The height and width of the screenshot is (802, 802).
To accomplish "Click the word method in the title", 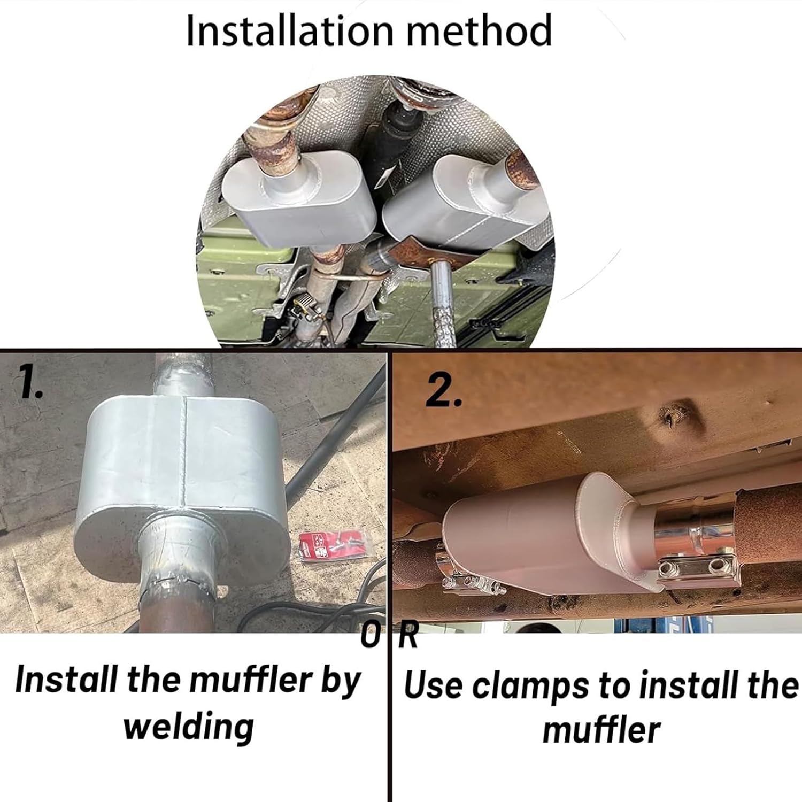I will coord(479,31).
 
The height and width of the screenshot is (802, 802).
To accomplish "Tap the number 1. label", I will coord(31,384).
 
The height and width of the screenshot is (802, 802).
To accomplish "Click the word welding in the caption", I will coord(189,727).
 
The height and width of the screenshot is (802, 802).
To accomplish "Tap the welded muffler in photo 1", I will coord(176,481).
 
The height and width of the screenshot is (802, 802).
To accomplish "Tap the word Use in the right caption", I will coord(433,685).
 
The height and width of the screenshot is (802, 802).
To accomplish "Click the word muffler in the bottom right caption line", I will coord(601,731).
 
